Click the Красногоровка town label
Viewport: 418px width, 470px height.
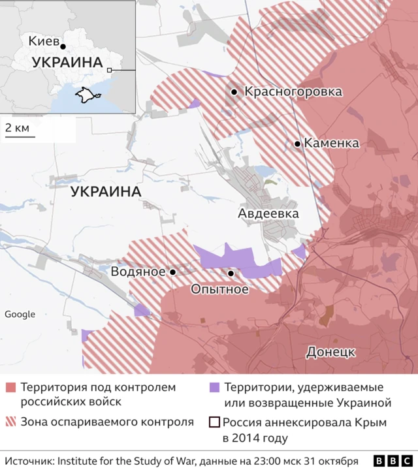pyautogui.click(x=293, y=92)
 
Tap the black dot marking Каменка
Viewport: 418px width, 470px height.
pyautogui.click(x=298, y=144)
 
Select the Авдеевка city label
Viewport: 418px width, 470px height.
pyautogui.click(x=268, y=213)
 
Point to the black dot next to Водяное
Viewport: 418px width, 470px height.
pyautogui.click(x=173, y=272)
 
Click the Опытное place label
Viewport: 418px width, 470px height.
pyautogui.click(x=219, y=289)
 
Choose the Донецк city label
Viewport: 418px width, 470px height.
pyautogui.click(x=330, y=352)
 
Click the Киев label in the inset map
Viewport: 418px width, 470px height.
pyautogui.click(x=42, y=40)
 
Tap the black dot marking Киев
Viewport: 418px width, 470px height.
pyautogui.click(x=63, y=46)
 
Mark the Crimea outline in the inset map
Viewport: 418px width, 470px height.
pyautogui.click(x=85, y=95)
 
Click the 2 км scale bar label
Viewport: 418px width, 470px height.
pyautogui.click(x=17, y=127)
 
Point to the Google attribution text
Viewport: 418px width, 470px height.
pyautogui.click(x=20, y=314)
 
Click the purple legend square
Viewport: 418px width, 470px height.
pyautogui.click(x=213, y=388)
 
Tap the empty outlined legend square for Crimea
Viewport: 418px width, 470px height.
pyautogui.click(x=213, y=422)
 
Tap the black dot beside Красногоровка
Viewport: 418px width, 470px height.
pyautogui.click(x=234, y=93)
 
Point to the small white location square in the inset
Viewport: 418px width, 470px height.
pyautogui.click(x=110, y=70)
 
